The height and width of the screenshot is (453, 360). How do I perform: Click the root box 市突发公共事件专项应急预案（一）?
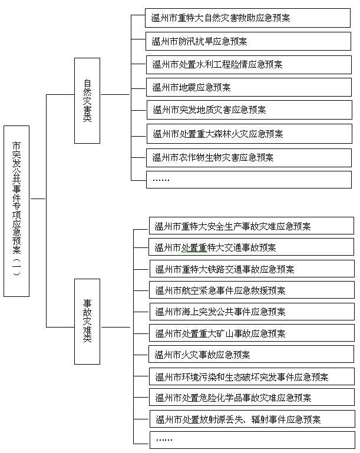[x=16, y=211]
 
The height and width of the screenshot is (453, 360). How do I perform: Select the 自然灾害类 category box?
[x=87, y=101]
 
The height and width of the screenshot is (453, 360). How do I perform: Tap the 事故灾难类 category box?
[x=87, y=322]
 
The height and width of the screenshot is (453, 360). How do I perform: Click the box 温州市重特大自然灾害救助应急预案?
[x=247, y=18]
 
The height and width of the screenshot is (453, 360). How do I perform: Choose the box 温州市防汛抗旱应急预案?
[x=248, y=41]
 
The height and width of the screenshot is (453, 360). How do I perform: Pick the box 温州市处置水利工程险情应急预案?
[x=249, y=64]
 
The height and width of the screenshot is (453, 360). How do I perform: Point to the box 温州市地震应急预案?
[x=249, y=87]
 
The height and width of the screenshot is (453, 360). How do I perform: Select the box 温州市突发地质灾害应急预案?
[x=249, y=110]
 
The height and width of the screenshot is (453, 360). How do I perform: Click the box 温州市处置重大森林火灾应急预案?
[x=249, y=134]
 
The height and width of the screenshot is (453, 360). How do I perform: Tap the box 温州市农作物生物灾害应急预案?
[x=249, y=158]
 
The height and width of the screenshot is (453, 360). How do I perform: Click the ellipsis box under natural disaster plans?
[x=249, y=180]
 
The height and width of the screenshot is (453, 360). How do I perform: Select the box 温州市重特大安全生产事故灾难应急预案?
[x=252, y=226]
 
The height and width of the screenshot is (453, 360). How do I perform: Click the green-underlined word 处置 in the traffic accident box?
[x=190, y=247]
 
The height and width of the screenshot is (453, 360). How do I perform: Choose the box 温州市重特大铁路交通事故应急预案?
[x=252, y=269]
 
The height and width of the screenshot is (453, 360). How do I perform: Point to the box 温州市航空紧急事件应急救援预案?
[x=252, y=290]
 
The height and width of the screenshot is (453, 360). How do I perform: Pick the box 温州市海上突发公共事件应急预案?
[x=252, y=312]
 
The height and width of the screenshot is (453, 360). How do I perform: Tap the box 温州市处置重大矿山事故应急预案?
[x=252, y=333]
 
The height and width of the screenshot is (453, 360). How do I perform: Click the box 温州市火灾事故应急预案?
[x=251, y=354]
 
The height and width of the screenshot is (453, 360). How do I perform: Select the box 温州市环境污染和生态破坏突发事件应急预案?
[x=252, y=376]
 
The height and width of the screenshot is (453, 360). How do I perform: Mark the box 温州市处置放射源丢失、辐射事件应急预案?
[x=252, y=419]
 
